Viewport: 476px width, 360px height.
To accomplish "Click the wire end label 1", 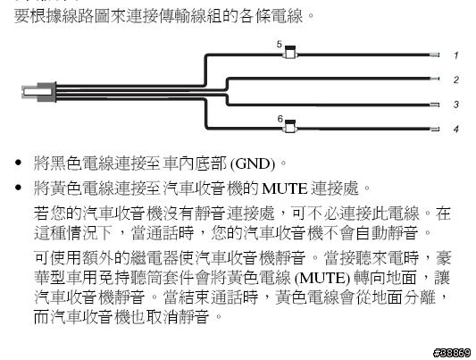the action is [456, 55].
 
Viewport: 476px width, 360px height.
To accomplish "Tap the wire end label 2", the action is [456, 80].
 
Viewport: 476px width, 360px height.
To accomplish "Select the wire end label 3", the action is [456, 105].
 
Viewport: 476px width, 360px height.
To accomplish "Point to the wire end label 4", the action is [456, 129].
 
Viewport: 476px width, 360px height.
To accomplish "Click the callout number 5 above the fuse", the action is [280, 45].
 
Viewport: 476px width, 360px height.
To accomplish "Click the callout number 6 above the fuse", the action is [280, 119].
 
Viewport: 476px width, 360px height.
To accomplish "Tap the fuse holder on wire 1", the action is [290, 52].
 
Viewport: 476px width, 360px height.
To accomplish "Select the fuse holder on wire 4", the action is [290, 126].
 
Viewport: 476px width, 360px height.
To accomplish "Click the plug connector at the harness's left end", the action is [39, 92].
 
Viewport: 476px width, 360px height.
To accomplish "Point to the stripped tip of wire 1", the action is [435, 55].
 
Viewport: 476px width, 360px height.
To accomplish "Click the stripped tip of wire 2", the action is [435, 79].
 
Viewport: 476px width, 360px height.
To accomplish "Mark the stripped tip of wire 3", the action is [435, 105].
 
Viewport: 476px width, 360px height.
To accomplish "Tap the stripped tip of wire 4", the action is [435, 129].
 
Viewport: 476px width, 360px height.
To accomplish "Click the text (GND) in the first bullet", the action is [253, 164].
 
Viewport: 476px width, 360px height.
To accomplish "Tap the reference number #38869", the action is [452, 353].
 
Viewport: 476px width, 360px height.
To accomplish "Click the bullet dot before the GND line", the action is [18, 163].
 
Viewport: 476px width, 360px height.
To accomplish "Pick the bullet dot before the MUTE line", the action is [18, 188].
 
